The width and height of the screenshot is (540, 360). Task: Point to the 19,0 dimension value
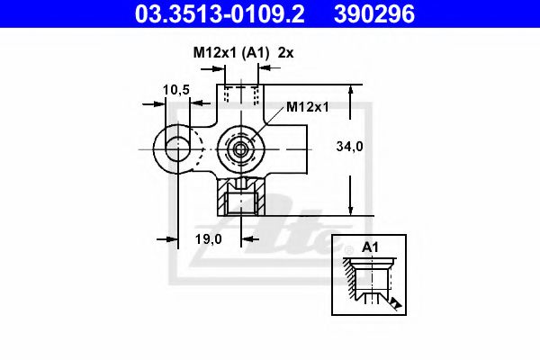[208, 238]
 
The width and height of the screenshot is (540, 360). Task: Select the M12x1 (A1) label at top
[231, 53]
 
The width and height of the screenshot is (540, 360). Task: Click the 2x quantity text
[286, 53]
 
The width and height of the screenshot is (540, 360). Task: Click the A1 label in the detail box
[370, 247]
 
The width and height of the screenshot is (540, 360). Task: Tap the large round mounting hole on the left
[174, 148]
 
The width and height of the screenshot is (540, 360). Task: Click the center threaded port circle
[240, 148]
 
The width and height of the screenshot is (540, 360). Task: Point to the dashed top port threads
[240, 95]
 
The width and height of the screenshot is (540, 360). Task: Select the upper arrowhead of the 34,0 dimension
[350, 91]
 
